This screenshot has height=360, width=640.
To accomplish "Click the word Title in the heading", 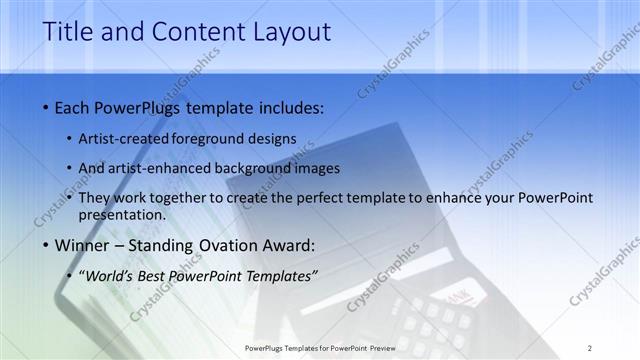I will [68, 31].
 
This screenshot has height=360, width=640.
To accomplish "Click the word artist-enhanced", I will [155, 168].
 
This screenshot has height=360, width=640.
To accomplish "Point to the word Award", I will [289, 245].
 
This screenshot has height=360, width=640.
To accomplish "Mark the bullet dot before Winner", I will [47, 245].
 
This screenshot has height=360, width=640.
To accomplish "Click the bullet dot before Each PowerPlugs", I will [47, 107].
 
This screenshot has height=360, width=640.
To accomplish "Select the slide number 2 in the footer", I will [590, 347].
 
